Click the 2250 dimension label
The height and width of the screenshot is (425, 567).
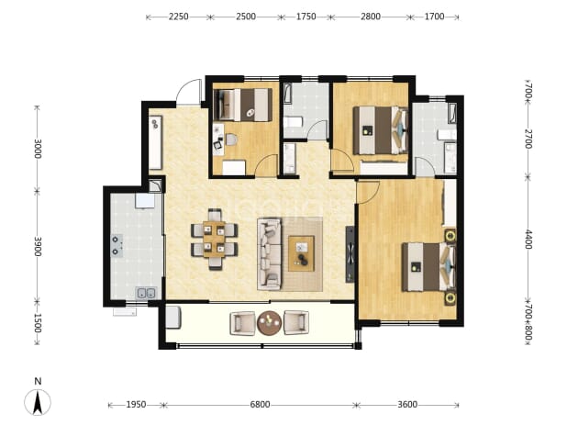tap(178, 17)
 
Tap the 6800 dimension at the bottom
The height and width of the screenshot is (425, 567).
tap(260, 405)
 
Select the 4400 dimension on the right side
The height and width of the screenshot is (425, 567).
tap(528, 240)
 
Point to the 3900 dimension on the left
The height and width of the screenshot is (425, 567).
tap(38, 246)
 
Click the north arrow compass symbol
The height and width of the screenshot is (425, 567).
tap(38, 401)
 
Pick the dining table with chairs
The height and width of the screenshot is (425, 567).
tap(215, 240)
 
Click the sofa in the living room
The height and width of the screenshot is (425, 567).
tap(270, 253)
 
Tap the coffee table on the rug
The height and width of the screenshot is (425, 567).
tap(301, 253)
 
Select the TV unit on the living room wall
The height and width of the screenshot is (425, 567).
tap(350, 254)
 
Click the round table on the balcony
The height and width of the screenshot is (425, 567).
tap(270, 322)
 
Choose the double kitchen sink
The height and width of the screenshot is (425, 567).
tap(146, 294)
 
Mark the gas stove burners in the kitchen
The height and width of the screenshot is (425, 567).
tap(117, 246)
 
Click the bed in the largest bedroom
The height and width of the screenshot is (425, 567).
tap(428, 267)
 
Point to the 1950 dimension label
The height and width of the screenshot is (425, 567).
tap(136, 405)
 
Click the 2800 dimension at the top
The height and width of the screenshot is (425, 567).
tap(371, 17)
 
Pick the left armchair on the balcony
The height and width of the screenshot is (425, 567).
tap(242, 323)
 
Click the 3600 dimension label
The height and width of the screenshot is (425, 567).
tap(407, 405)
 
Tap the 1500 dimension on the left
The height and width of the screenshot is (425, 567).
tap(38, 323)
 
